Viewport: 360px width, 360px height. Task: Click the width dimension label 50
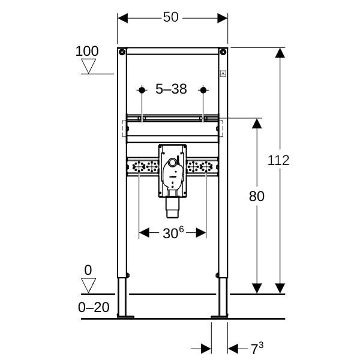(170, 17)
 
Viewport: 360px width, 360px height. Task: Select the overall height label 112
(278, 160)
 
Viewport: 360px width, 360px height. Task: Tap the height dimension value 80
(256, 196)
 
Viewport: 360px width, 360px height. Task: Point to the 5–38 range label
(171, 89)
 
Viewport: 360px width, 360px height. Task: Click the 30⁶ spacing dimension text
(173, 233)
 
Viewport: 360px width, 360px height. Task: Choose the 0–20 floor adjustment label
(94, 307)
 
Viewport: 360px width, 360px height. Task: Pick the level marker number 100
(87, 51)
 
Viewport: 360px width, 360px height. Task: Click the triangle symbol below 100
(88, 66)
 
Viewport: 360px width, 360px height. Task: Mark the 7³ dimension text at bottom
(257, 349)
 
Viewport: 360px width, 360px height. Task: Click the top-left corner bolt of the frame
(122, 52)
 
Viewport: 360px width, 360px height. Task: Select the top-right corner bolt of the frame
(223, 52)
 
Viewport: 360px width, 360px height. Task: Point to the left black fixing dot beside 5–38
(142, 90)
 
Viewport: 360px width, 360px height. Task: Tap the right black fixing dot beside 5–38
(203, 90)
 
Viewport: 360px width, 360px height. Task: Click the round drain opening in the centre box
(172, 163)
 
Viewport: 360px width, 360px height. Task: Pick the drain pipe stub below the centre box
(172, 208)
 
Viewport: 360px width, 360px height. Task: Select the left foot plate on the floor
(125, 317)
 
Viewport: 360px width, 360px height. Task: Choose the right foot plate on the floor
(220, 317)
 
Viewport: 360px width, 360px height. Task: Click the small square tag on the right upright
(223, 73)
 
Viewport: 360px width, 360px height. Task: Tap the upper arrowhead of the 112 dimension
(280, 53)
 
